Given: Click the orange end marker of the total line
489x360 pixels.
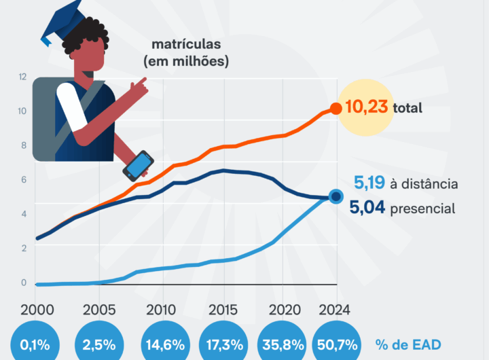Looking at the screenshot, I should point(336,109).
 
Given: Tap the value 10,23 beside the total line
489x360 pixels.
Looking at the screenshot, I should point(367,107).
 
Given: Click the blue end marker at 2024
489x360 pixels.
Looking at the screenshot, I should point(336,197).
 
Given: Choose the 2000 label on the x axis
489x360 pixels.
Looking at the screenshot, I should point(37,310).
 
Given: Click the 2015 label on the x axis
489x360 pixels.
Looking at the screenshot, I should point(223,310).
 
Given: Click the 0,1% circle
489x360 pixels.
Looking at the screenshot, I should point(35,344).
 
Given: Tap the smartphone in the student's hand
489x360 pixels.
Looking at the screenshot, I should point(138,166).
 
